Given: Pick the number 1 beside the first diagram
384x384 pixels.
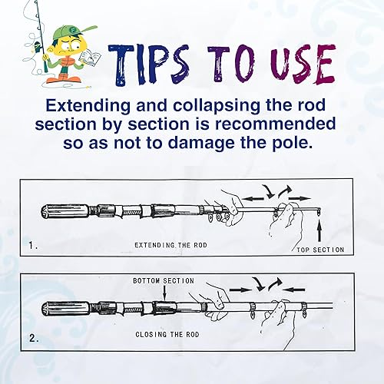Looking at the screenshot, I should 31,247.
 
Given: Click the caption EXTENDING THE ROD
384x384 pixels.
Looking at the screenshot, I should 170,244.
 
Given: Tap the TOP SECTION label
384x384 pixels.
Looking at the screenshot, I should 318,250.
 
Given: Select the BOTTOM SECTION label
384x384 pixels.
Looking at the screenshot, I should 164,280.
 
